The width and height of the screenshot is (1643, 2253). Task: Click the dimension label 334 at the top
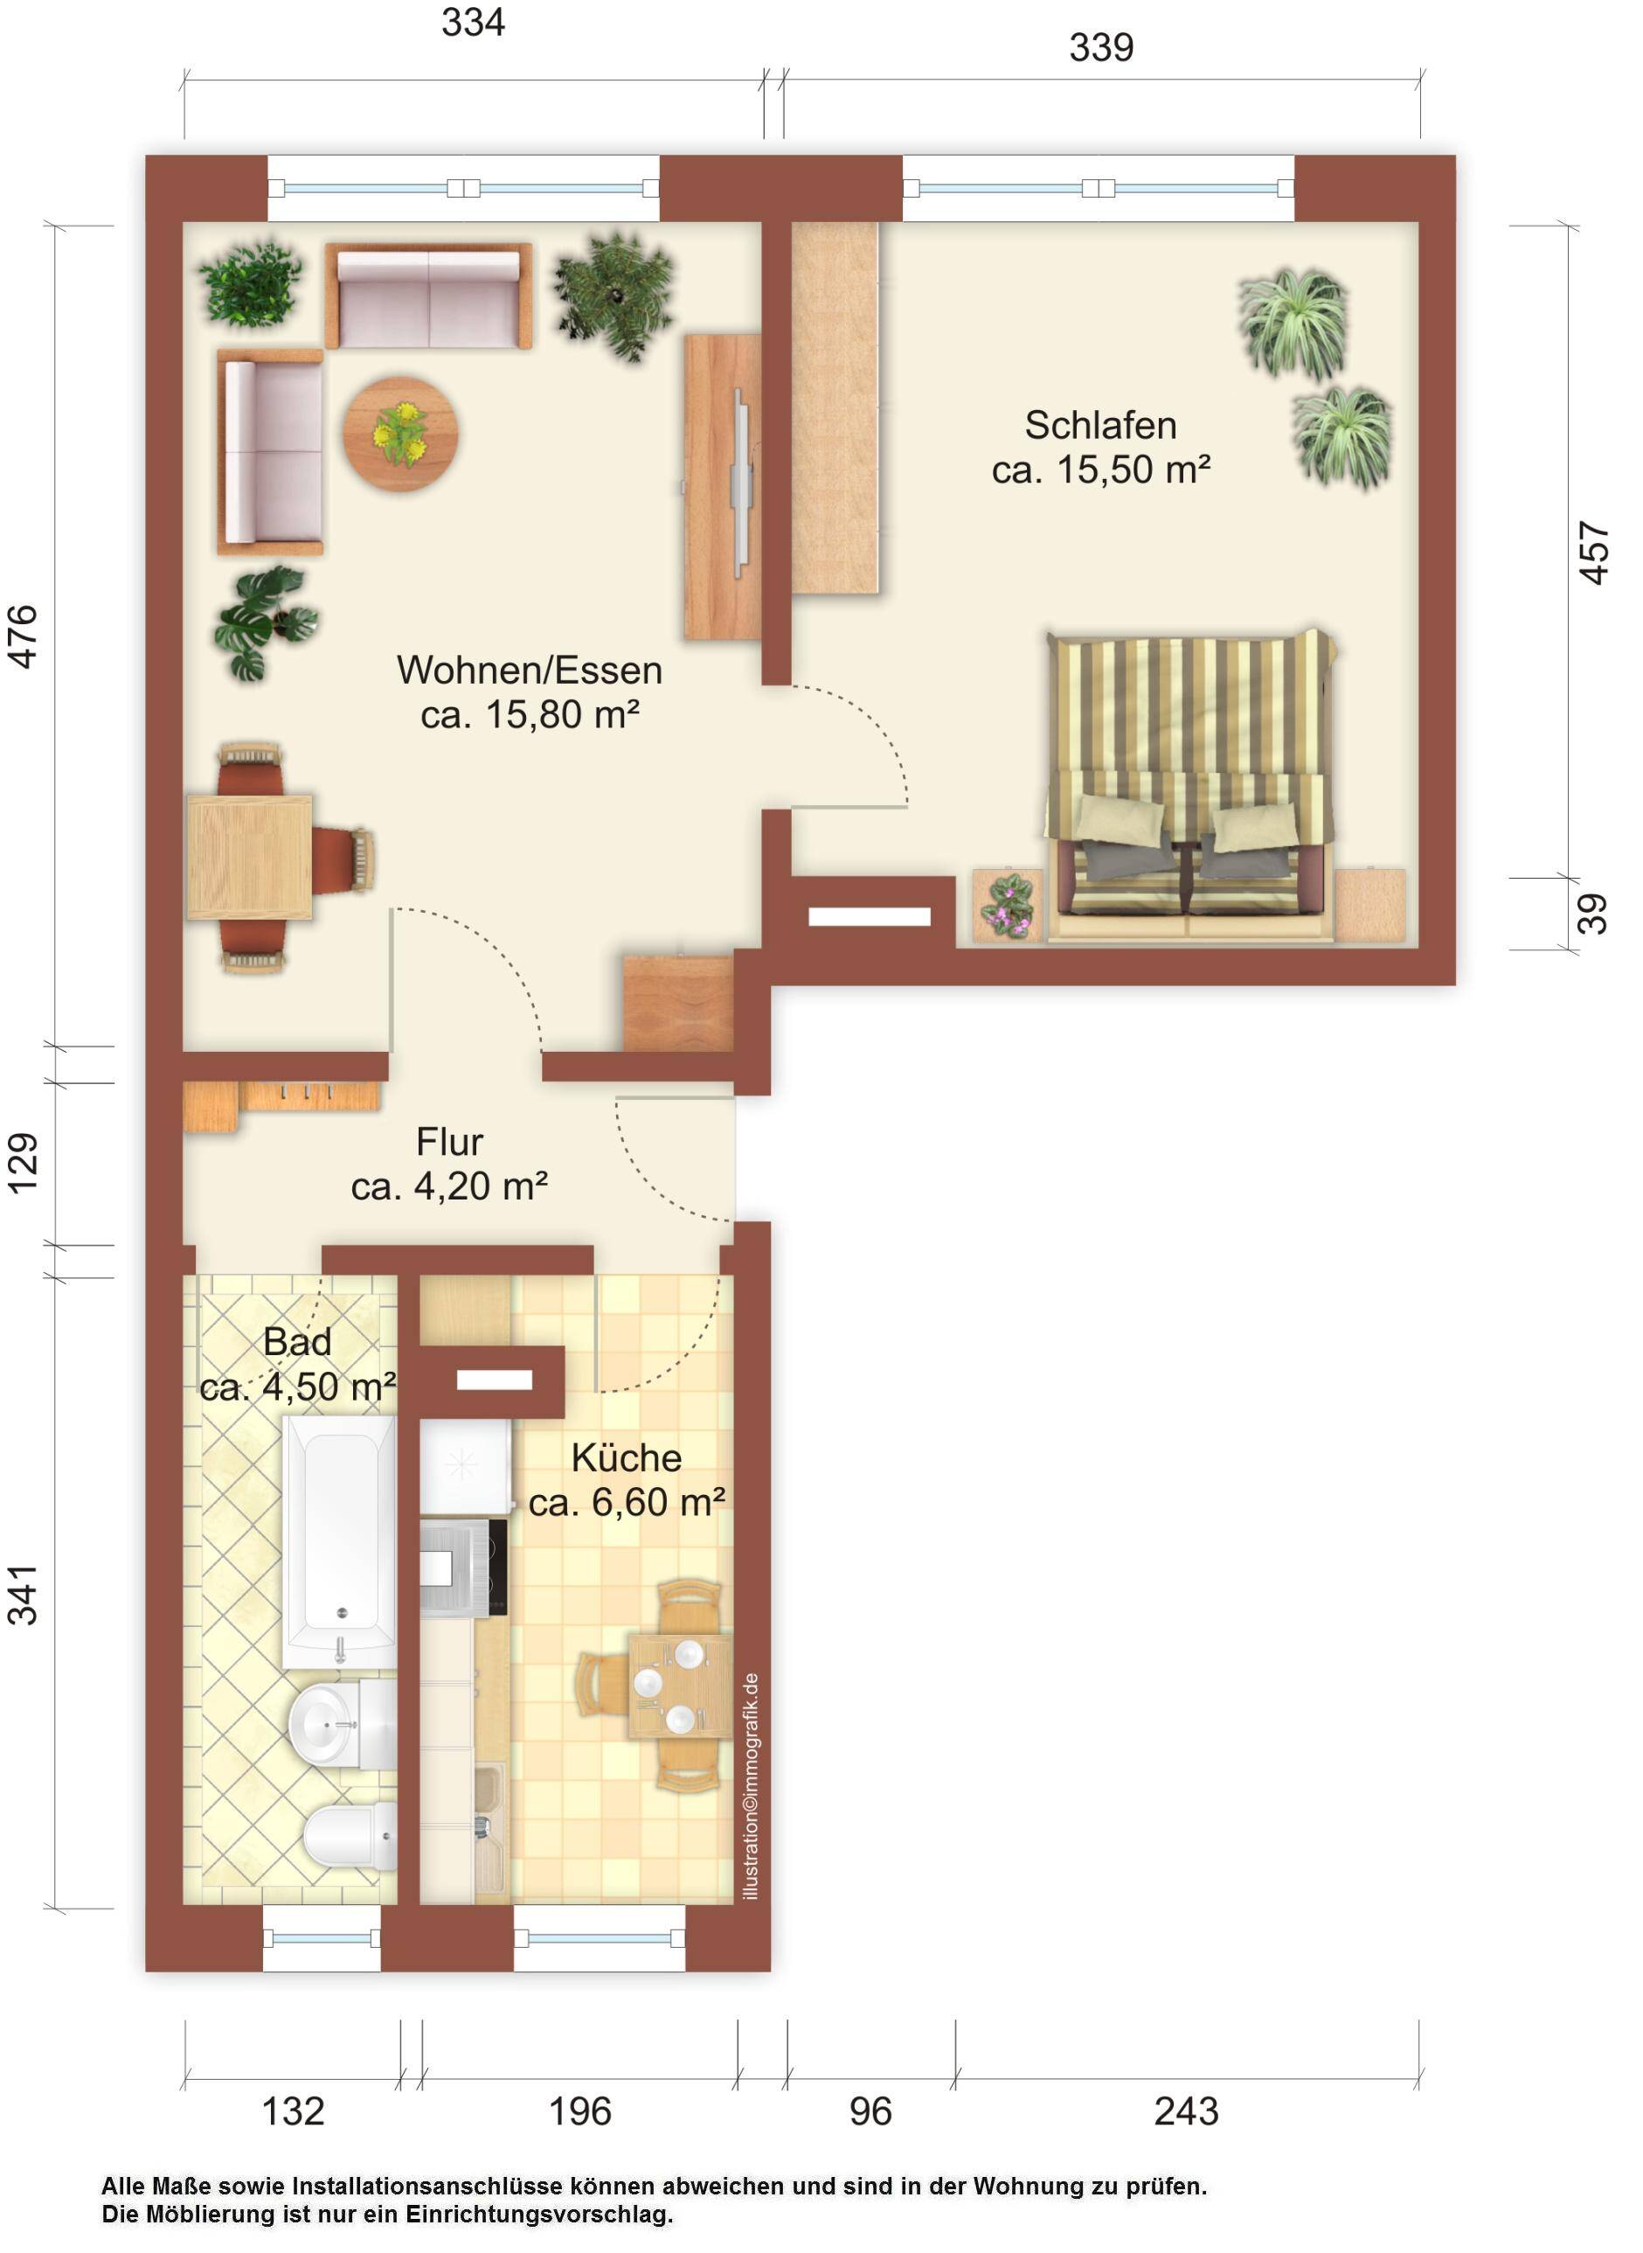473,22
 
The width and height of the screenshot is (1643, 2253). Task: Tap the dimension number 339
1101,46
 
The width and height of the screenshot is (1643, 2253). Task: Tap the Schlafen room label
1101,425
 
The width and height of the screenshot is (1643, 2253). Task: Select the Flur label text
449,1141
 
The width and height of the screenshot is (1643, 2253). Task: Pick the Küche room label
627,1457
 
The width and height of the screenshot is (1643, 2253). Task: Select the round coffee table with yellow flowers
401,434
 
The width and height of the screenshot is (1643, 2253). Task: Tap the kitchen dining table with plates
679,1685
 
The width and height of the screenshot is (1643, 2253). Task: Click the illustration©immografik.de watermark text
750,1785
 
